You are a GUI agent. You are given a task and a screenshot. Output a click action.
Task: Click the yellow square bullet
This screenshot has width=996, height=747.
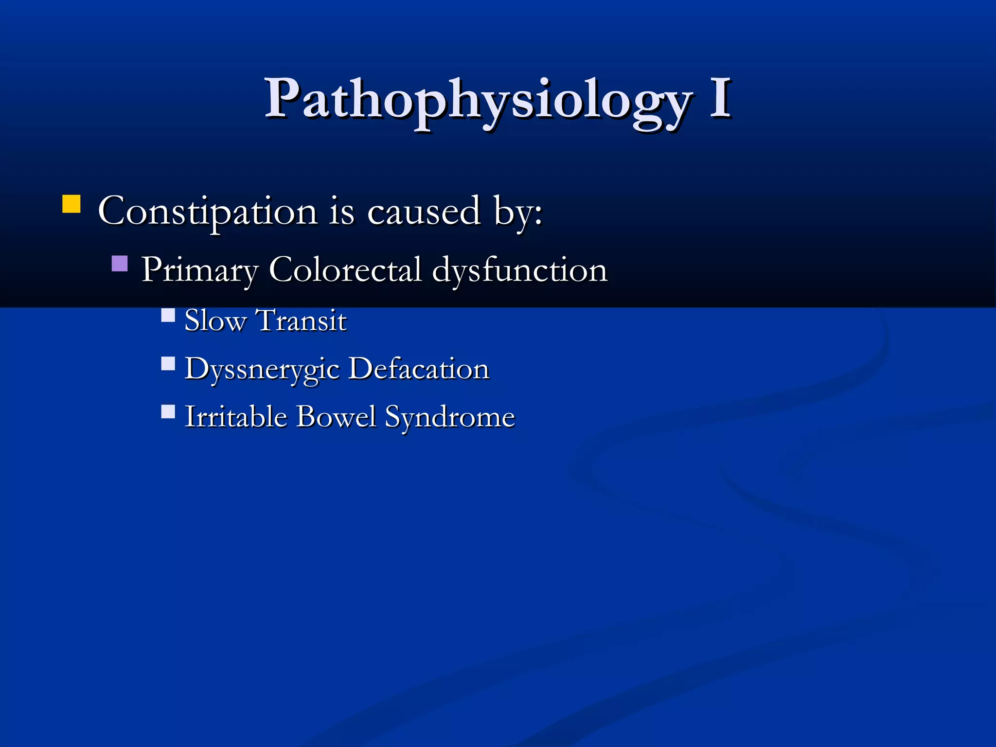(x=71, y=204)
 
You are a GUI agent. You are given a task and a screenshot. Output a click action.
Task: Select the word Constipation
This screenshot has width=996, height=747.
(x=208, y=212)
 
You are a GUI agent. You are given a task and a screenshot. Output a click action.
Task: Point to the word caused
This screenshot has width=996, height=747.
(x=424, y=212)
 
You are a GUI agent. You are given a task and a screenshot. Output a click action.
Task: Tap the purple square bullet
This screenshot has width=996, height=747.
(x=120, y=264)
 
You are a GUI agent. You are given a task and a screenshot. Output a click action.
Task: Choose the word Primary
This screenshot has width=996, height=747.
(x=199, y=270)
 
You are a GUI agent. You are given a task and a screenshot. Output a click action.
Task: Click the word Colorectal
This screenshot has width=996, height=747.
(x=345, y=269)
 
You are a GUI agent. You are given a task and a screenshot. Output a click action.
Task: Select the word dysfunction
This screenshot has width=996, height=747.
(x=519, y=269)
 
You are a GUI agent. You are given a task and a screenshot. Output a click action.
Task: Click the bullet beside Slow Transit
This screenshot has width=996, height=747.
(x=168, y=316)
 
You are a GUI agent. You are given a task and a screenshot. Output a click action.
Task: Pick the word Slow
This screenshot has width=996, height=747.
(x=215, y=320)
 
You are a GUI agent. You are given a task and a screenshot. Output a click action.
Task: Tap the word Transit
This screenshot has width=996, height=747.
(x=301, y=320)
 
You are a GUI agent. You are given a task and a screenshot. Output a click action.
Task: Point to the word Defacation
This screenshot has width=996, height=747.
(x=419, y=369)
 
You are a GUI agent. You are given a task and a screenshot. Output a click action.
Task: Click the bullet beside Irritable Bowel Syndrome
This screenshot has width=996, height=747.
(x=168, y=412)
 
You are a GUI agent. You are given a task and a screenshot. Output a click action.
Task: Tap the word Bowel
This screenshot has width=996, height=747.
(x=336, y=417)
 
